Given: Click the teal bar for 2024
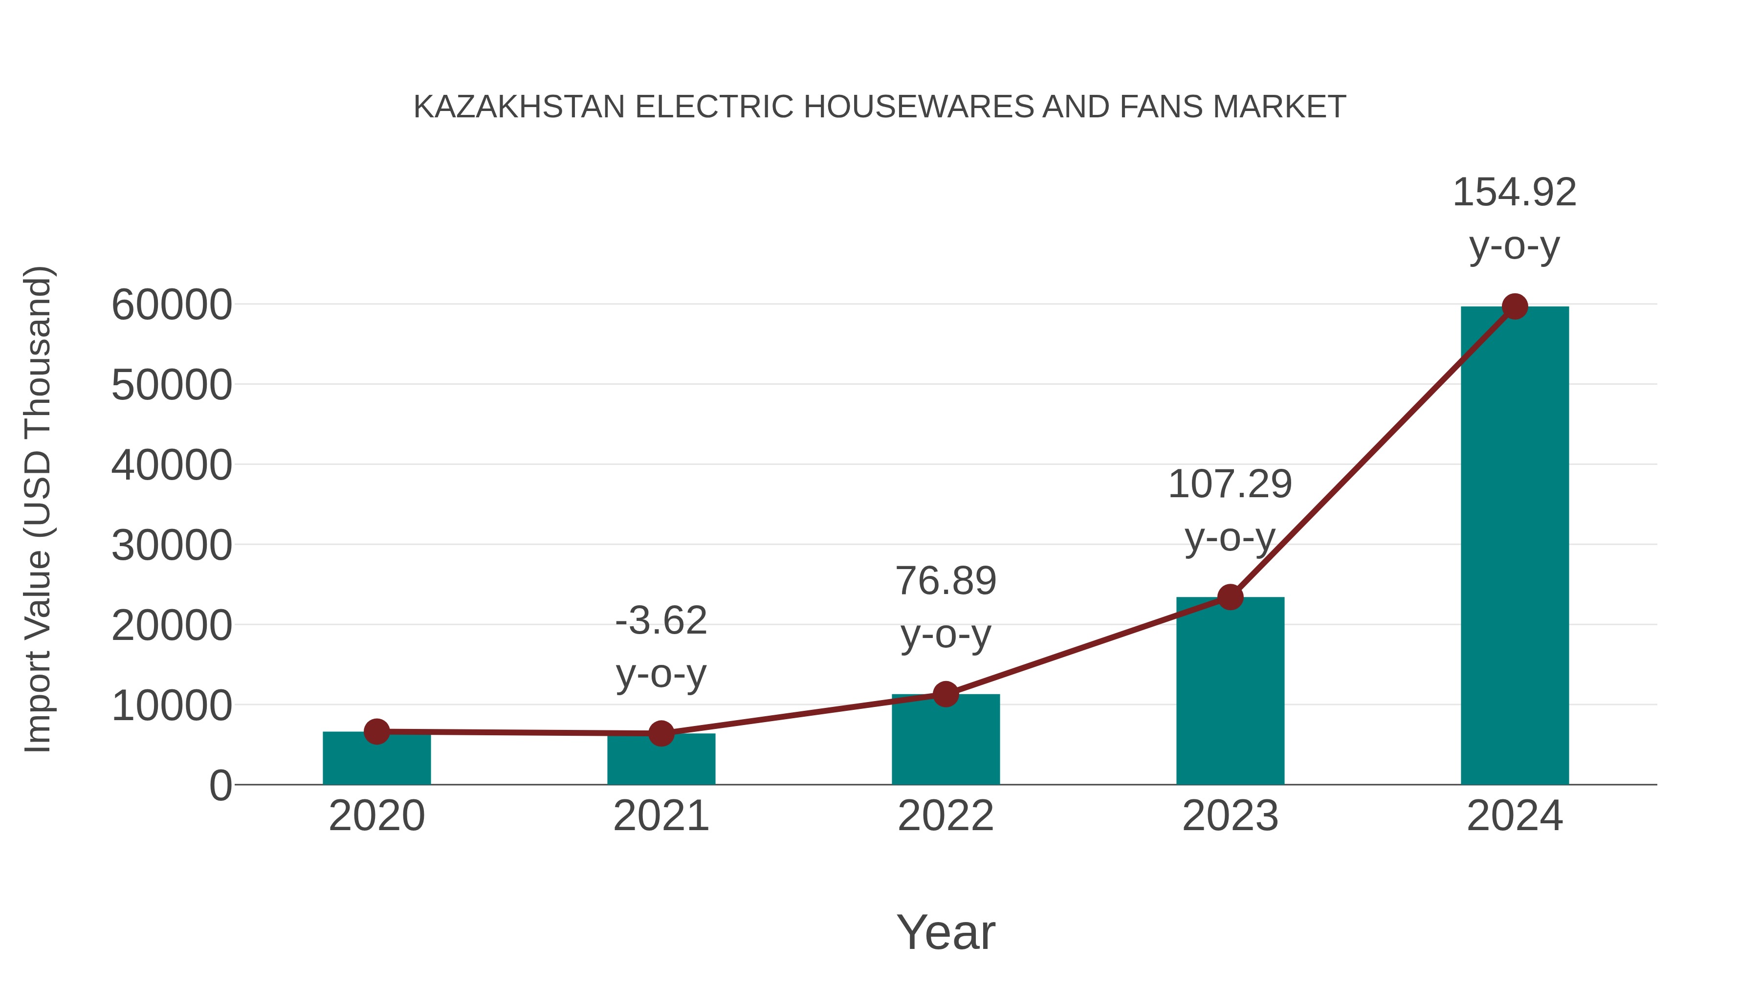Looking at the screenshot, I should (x=1514, y=547).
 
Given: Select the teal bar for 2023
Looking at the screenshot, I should (x=1230, y=690).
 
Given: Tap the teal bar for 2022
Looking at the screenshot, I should (x=946, y=741).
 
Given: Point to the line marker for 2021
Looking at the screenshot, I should (x=660, y=733).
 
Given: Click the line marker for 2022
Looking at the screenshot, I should (x=946, y=694).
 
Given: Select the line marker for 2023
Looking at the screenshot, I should (x=1230, y=597).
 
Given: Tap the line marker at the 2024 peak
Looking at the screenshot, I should (x=1515, y=307).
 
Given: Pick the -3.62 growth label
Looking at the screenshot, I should (x=660, y=646).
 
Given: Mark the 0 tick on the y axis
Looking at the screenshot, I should (x=220, y=785).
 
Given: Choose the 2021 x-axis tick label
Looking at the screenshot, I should (x=660, y=816).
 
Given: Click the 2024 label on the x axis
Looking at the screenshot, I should (x=1514, y=816).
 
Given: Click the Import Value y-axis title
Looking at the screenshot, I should (x=38, y=509).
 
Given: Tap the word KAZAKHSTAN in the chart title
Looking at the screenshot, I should (x=519, y=107).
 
